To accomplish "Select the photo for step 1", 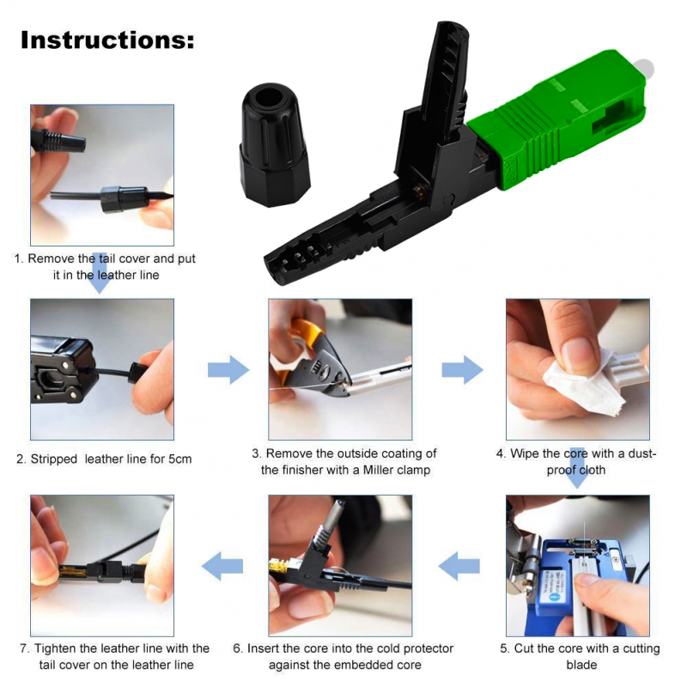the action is [x=102, y=175].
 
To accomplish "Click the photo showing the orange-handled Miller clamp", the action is [x=339, y=369].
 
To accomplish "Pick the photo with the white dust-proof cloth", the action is [x=577, y=369].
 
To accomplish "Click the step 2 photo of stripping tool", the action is [x=102, y=369].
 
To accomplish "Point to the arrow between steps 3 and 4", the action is [x=462, y=370].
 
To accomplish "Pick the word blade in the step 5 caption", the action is [x=581, y=665].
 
